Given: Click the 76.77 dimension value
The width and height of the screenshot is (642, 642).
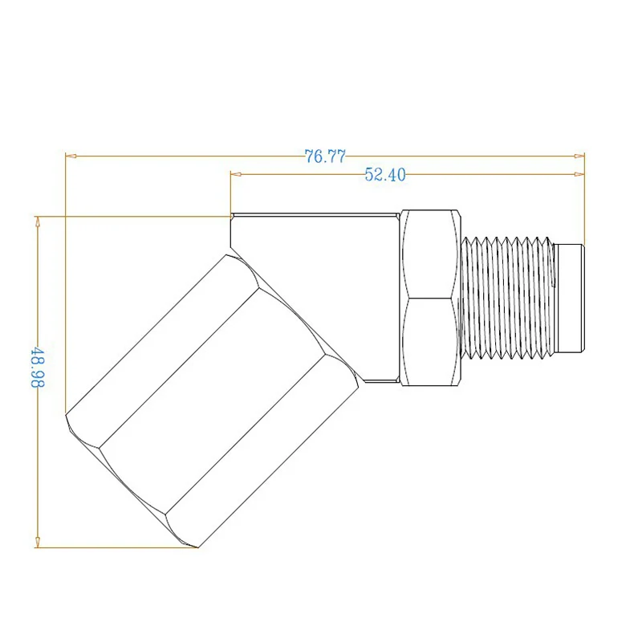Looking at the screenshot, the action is click(x=325, y=156).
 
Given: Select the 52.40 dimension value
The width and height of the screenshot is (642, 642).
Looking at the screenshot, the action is click(x=385, y=175).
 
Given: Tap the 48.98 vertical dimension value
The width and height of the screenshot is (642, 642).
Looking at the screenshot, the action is click(x=38, y=368).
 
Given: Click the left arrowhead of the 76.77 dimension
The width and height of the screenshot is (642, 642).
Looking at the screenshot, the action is click(x=71, y=156).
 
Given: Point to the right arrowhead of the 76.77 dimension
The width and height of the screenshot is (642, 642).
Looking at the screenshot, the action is click(x=579, y=156).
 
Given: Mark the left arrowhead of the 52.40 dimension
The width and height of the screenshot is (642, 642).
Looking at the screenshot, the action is click(x=236, y=174).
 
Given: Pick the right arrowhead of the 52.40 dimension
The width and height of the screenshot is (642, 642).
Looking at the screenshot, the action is click(x=579, y=174).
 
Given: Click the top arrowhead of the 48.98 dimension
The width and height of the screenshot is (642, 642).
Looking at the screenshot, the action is click(x=38, y=221).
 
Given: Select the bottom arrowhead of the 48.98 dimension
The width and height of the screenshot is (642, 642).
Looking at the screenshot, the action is click(x=38, y=542).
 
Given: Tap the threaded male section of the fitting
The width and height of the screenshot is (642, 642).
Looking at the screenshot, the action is click(x=508, y=298).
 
